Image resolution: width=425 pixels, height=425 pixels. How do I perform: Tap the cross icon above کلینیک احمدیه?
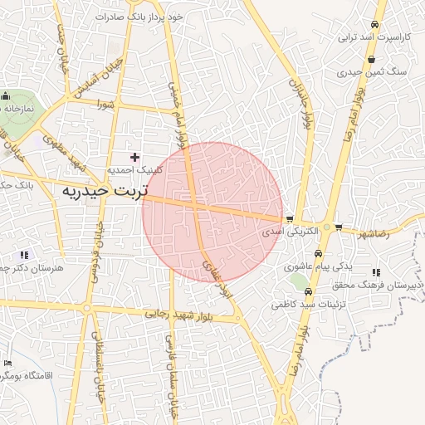tap(134, 156)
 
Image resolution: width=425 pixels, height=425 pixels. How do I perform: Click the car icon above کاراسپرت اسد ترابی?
tap(376, 25)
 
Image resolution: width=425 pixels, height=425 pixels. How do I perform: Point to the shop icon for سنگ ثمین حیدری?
tap(371, 59)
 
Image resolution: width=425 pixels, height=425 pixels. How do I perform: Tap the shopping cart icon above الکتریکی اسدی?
tap(289, 220)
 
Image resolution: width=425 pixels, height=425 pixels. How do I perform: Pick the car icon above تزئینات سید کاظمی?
tap(308, 292)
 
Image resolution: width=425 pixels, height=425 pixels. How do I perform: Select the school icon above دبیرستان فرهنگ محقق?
tap(376, 271)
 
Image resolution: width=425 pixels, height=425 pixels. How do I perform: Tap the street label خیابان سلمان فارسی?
tap(172, 372)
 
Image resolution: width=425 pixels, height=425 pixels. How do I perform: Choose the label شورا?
tap(104, 105)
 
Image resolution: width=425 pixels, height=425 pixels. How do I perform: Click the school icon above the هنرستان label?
tap(24, 254)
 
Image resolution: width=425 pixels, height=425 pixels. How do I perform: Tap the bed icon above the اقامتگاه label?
tap(7, 363)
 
